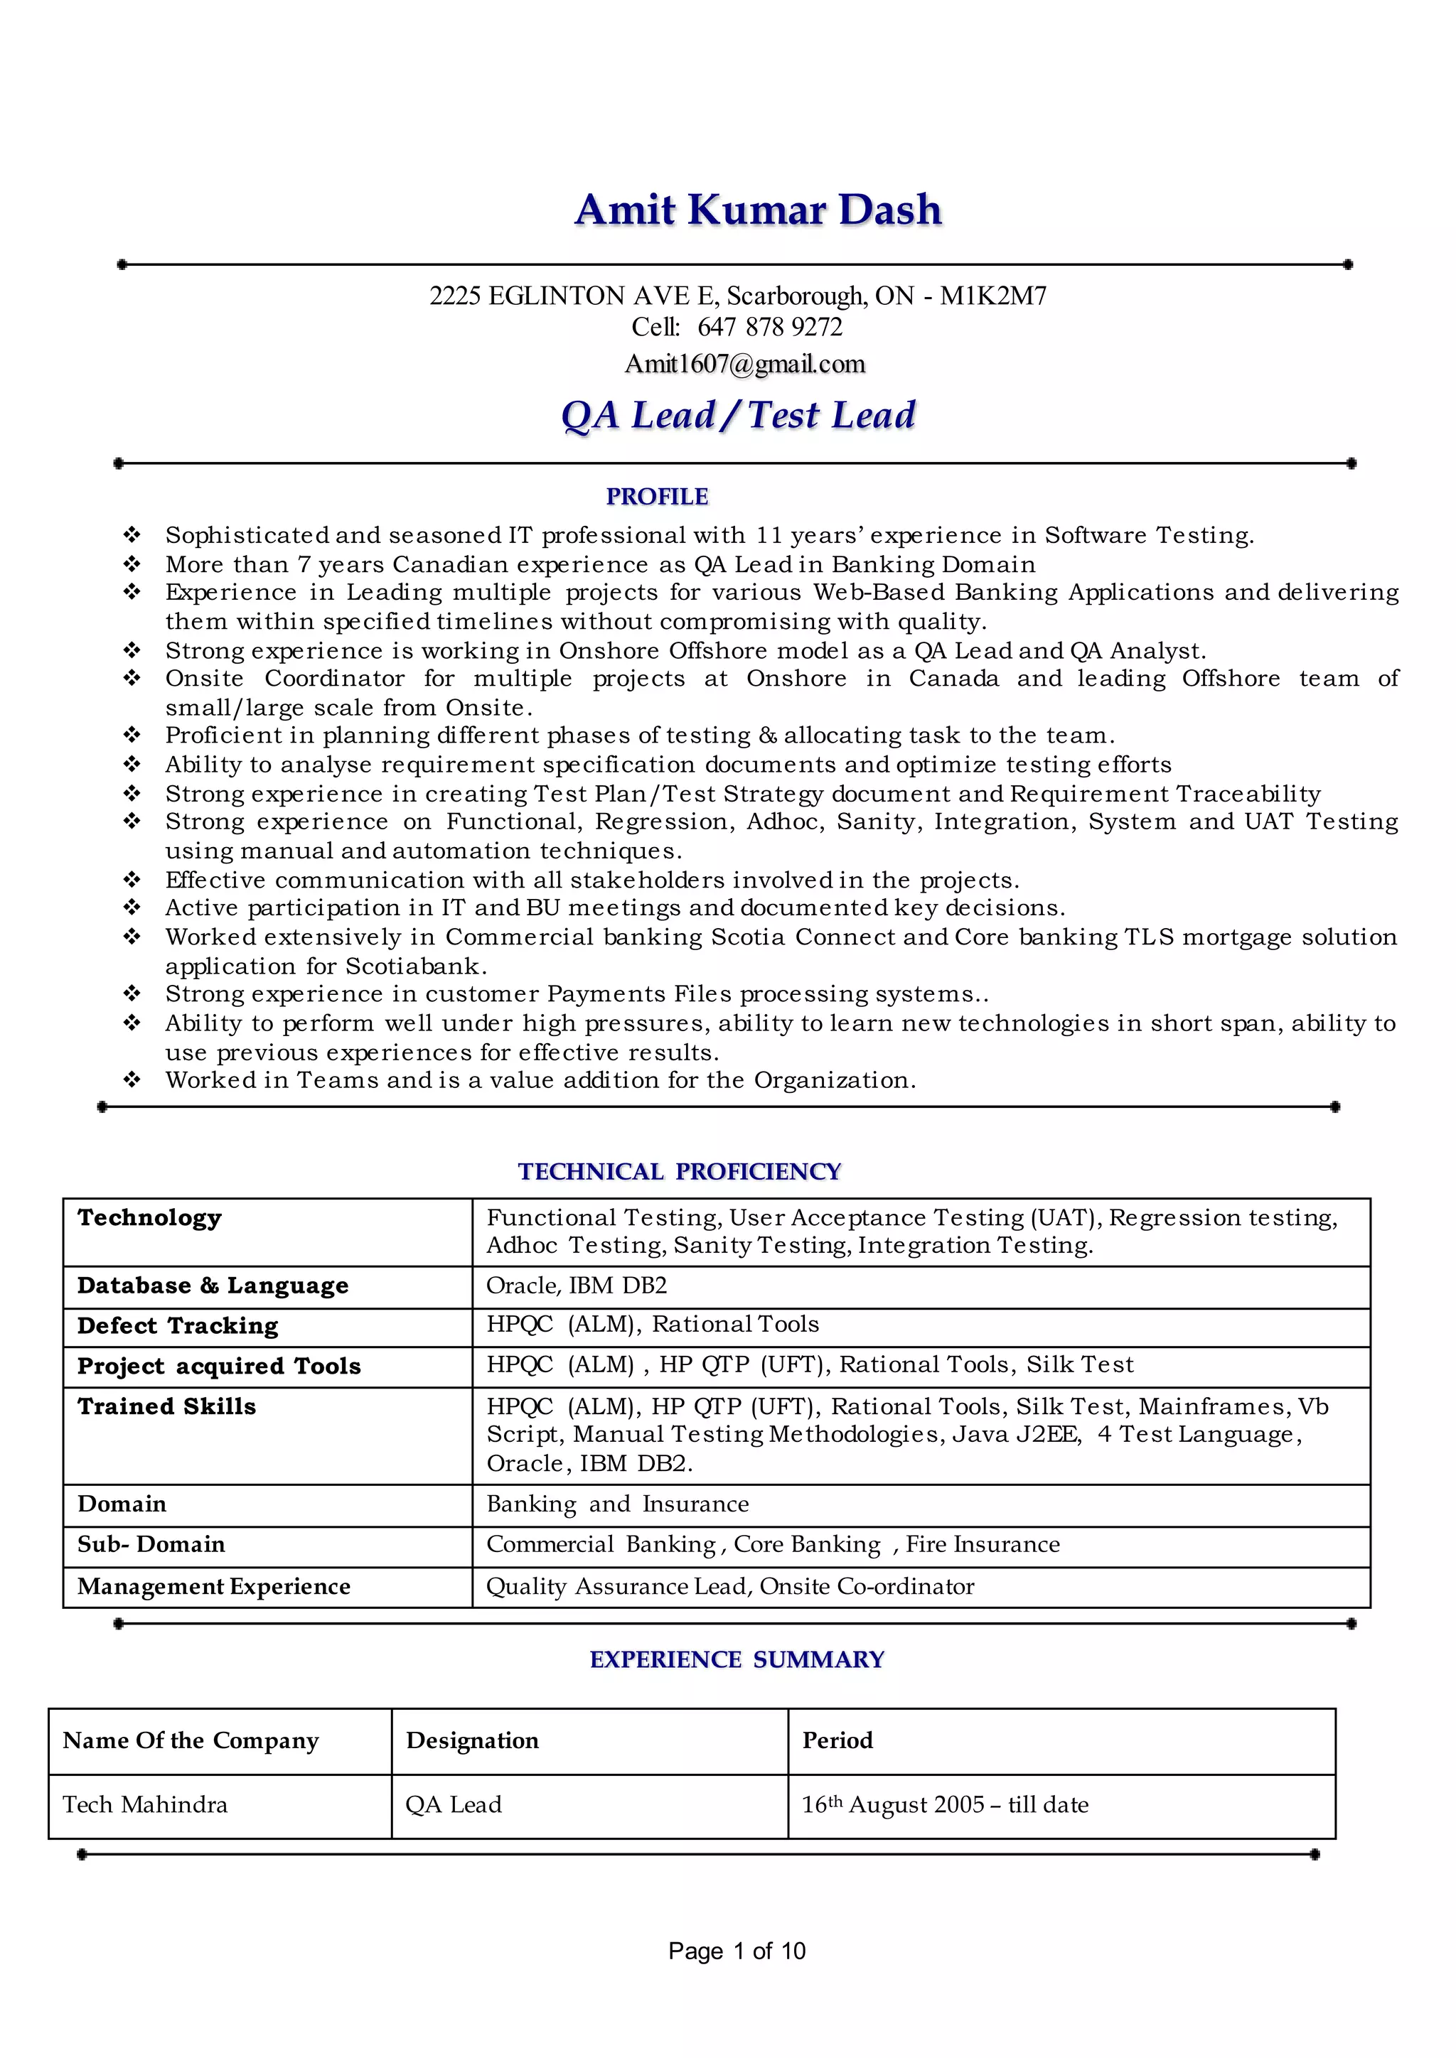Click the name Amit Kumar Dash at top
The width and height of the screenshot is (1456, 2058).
(x=758, y=210)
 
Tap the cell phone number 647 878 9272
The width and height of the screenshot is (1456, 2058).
(x=769, y=327)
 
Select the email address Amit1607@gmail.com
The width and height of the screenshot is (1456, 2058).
(x=744, y=364)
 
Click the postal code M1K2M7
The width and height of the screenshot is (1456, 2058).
(x=992, y=296)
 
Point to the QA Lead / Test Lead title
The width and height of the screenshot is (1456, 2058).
(x=738, y=415)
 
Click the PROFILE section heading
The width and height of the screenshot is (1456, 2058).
(x=656, y=497)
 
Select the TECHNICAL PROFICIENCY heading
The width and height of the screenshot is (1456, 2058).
(x=679, y=1172)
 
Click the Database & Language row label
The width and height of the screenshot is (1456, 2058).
(x=213, y=1286)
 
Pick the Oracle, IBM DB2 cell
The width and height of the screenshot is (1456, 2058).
(x=577, y=1286)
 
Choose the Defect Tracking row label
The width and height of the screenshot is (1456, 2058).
(x=178, y=1325)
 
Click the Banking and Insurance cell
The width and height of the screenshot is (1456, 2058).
(x=617, y=1504)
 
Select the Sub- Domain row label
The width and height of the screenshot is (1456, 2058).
(x=151, y=1544)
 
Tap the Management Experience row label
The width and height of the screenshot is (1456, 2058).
(x=213, y=1587)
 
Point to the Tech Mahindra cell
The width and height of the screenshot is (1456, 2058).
(x=144, y=1804)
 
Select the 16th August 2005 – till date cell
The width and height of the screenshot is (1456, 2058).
(x=944, y=1804)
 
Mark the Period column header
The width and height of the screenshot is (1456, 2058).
(x=837, y=1740)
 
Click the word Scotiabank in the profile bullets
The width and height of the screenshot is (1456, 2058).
(x=415, y=966)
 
